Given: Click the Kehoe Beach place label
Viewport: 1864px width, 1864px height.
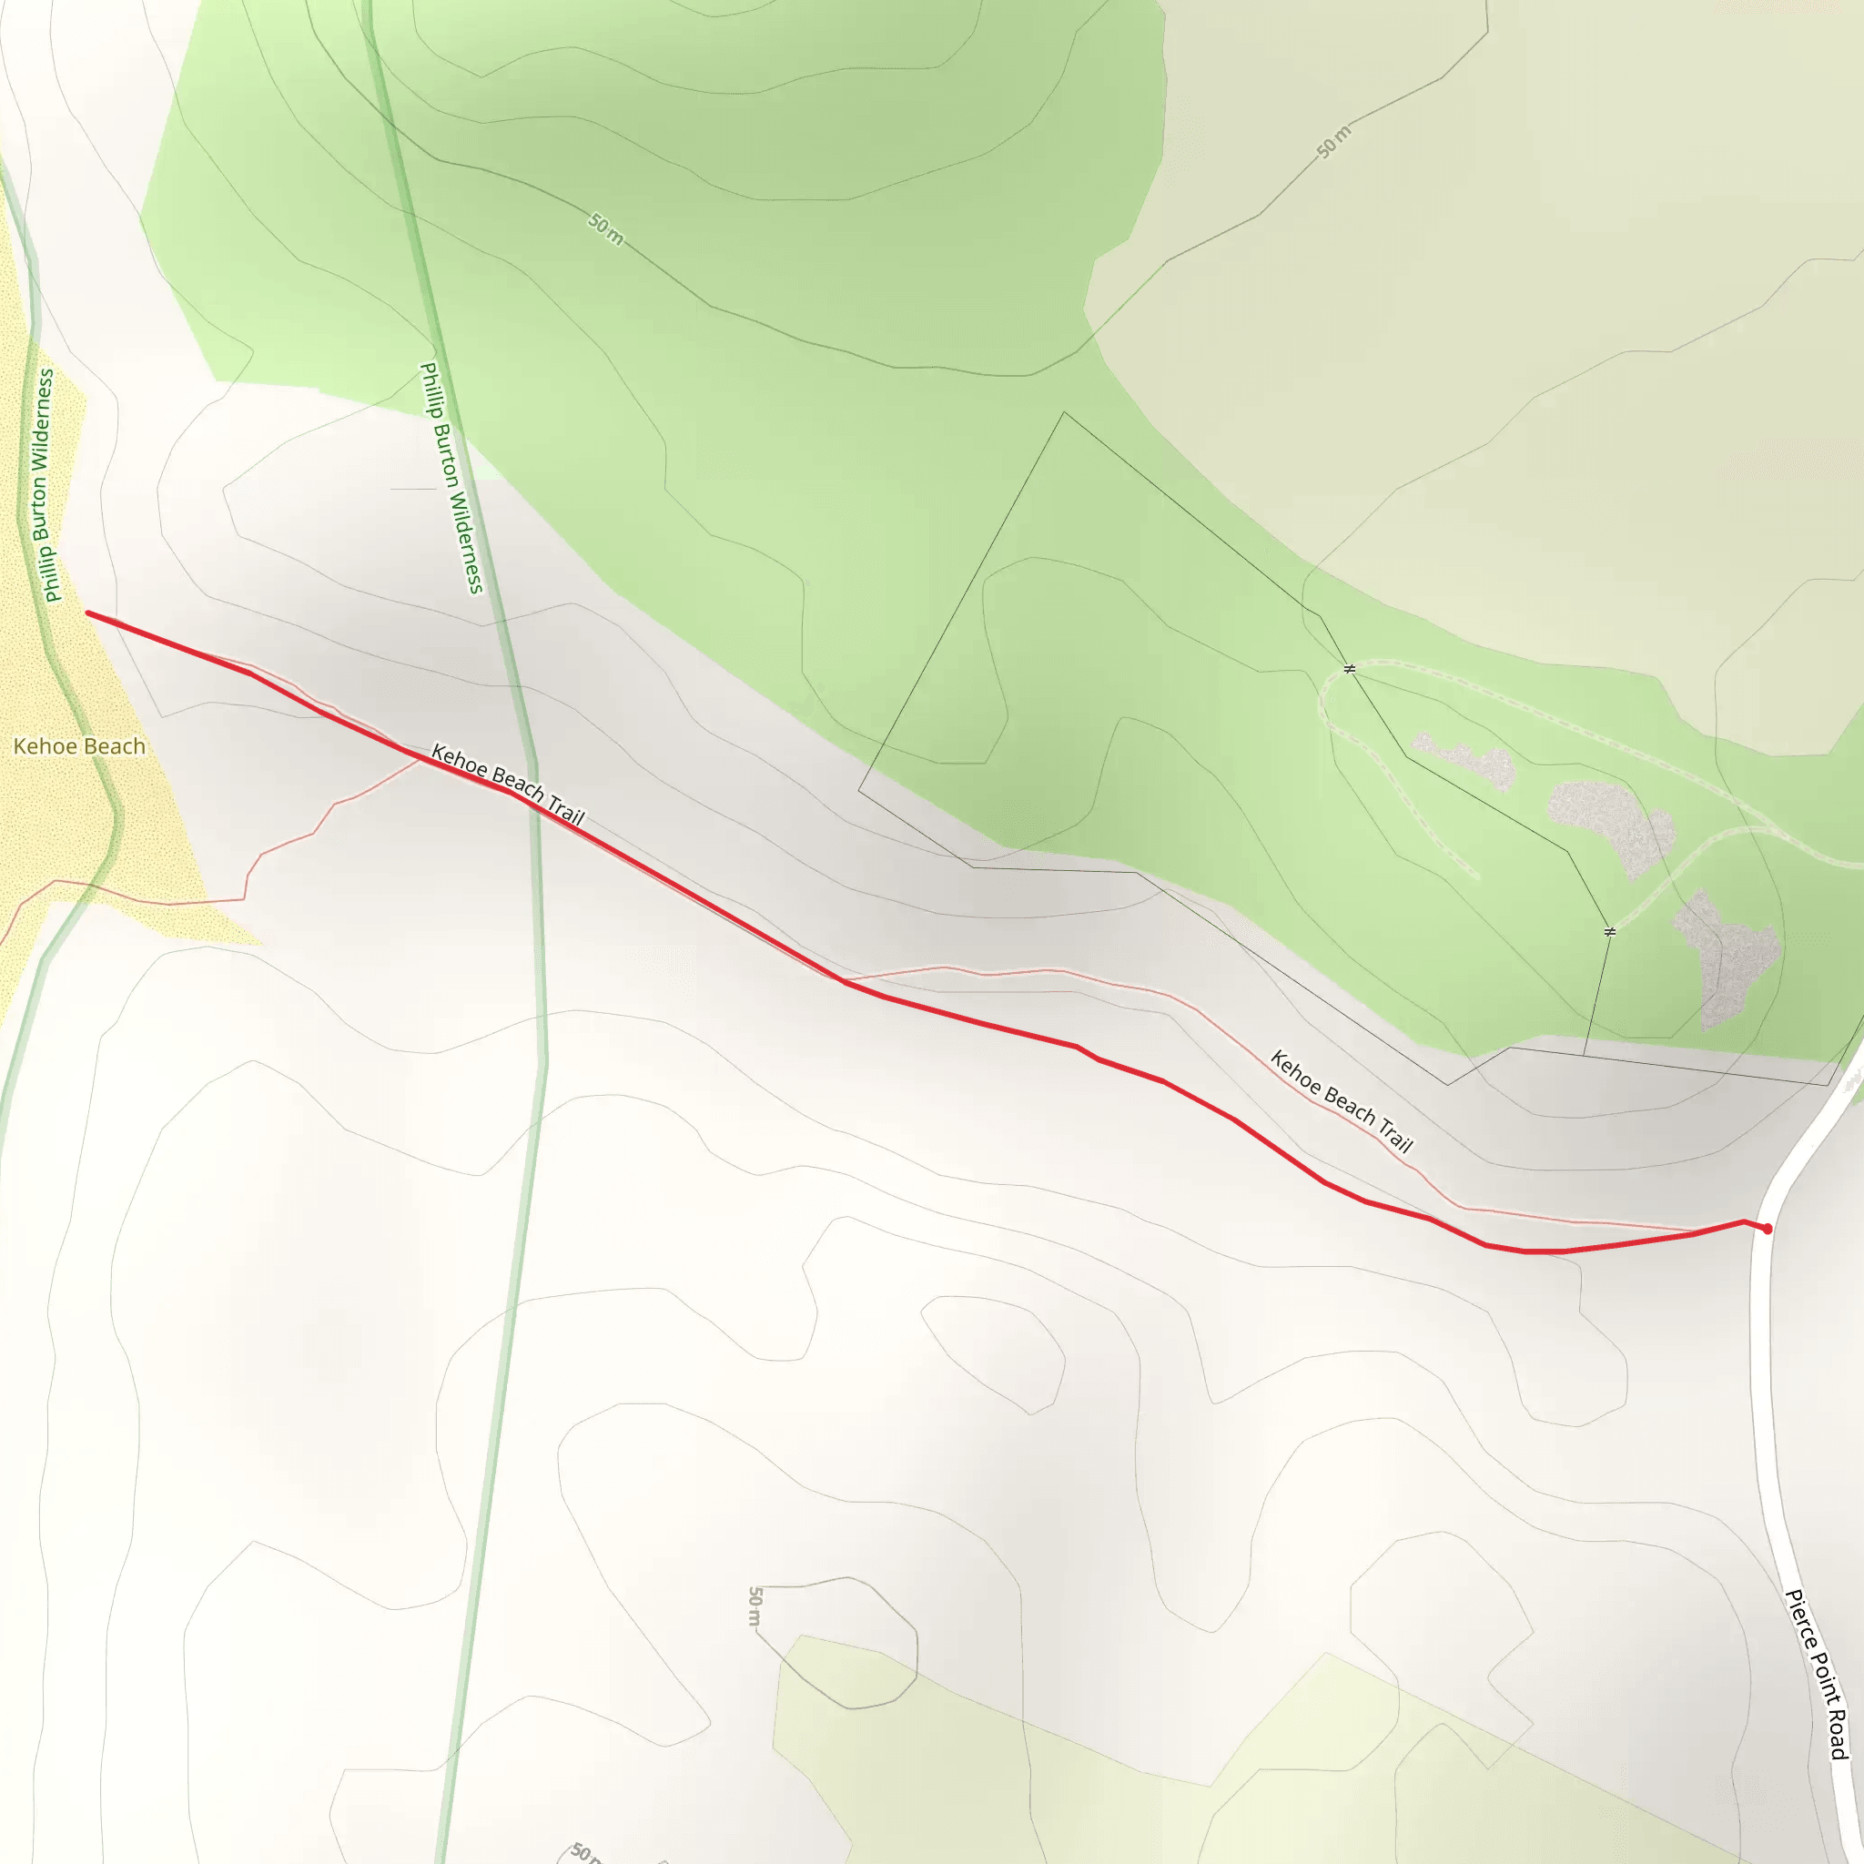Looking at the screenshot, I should tap(79, 746).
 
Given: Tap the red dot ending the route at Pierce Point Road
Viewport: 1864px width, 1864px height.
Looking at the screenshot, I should tap(1767, 1229).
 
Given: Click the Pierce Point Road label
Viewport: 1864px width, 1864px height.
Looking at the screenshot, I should tap(1817, 1673).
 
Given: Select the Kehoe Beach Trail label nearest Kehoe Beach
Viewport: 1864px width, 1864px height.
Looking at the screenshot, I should tap(508, 785).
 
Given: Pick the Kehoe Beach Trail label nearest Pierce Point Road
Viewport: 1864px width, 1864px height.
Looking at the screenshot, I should tap(1341, 1102).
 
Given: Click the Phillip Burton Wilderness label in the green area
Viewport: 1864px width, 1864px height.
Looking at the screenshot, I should tap(451, 478).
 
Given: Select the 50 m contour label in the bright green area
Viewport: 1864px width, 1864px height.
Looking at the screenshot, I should tap(606, 229).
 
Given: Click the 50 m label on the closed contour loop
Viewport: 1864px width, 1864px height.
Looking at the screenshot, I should tap(755, 1606).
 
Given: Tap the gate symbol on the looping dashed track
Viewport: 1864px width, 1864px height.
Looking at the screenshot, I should tap(1350, 669).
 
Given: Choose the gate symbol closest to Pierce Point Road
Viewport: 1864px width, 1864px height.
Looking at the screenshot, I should tap(1609, 931).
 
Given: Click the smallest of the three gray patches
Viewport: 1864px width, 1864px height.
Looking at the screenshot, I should tap(1464, 761).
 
